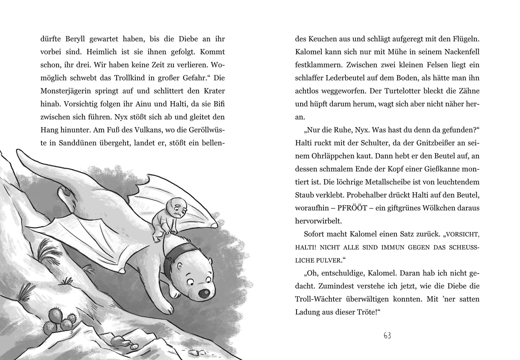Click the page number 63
tap(387, 336)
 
